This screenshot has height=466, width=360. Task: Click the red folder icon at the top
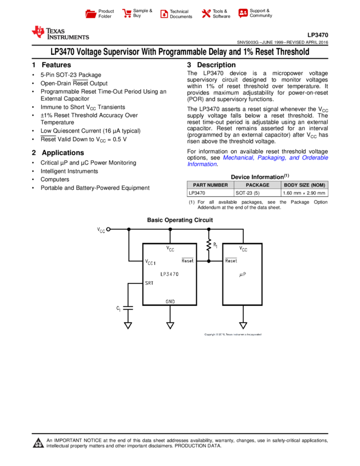click(91, 14)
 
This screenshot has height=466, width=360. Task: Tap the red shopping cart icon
click(127, 14)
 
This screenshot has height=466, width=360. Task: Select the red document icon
click(164, 14)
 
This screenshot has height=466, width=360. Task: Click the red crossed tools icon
click(206, 14)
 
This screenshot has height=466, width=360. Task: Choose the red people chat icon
click(243, 13)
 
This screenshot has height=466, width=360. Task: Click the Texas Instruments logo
click(60, 33)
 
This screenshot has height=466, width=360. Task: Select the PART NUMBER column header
click(210, 185)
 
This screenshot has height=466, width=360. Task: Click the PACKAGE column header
click(258, 185)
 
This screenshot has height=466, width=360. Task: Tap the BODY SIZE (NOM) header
click(305, 185)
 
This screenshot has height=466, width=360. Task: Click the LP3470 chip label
click(169, 274)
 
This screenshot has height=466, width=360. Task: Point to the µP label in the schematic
click(243, 274)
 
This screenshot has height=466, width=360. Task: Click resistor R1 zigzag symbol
click(209, 245)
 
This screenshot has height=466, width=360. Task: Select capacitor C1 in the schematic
click(128, 308)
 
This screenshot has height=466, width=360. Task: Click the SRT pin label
click(150, 283)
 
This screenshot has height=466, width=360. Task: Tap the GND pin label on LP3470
click(170, 301)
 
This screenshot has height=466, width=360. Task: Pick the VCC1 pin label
click(151, 263)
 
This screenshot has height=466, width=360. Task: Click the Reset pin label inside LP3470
click(187, 261)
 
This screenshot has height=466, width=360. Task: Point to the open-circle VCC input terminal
click(108, 229)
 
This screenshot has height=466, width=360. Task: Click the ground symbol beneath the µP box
click(243, 325)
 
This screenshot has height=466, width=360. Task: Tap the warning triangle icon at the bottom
click(38, 443)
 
